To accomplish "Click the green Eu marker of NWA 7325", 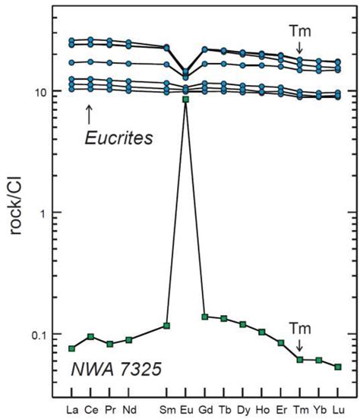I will coord(185,99).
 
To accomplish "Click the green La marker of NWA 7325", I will coord(71,348).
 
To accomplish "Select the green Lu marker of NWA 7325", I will coord(338,367).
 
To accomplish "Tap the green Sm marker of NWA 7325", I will coord(166,326).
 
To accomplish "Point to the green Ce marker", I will coord(90,336).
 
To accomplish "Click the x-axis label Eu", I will coord(185,411).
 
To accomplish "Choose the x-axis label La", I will coord(71,411).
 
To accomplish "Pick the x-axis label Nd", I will coord(128,411).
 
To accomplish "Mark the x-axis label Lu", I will coord(338,411).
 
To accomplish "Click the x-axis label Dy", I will coord(242,411).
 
